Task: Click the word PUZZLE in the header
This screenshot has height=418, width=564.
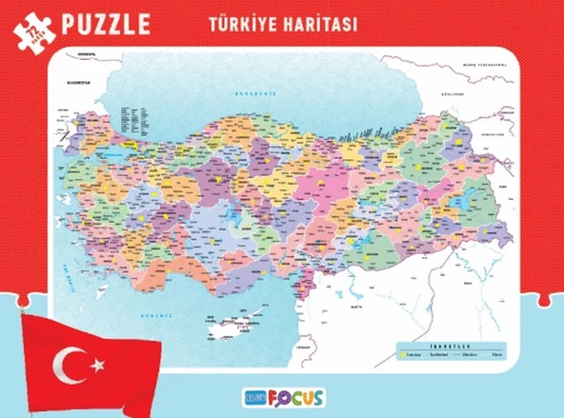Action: point(103,23)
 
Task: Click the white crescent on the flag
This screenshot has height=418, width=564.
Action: point(70,363)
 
